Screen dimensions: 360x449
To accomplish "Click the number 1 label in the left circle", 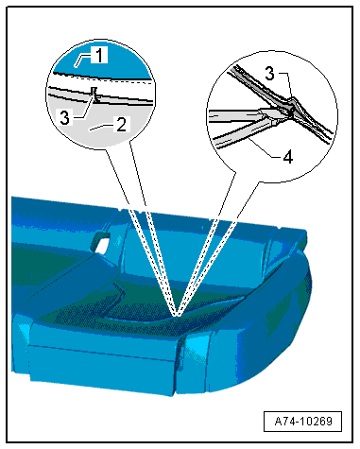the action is pos(99,55).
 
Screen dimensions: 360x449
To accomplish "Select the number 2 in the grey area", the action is pos(122,125).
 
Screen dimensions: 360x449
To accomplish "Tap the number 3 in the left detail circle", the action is pos(65,118).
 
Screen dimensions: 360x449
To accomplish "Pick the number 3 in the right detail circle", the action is pos(269,74).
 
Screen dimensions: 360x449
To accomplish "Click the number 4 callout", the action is pos(288,157).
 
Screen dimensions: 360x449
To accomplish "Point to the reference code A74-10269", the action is pos(303,421).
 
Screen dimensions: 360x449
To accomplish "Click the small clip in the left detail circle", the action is pos(94,95).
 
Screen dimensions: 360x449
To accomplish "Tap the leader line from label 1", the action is pos(82,60).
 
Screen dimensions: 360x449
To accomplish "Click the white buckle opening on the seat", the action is pos(101,246).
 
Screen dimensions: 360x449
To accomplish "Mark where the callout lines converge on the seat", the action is pos(178,315).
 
